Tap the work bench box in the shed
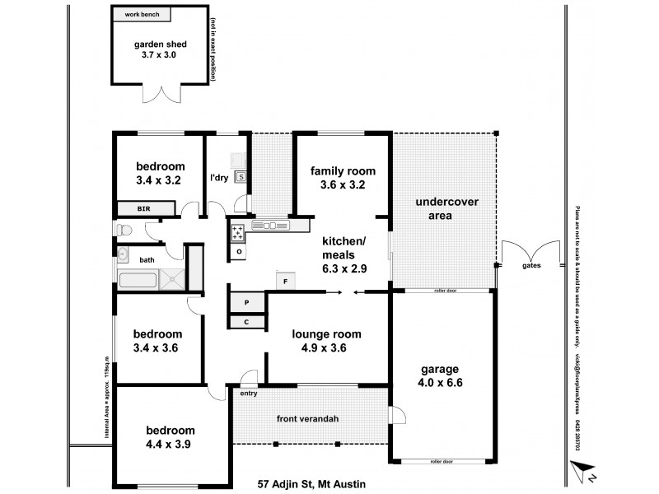pyautogui.click(x=142, y=15)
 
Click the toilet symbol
pyautogui.click(x=123, y=229)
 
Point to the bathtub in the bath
pyautogui.click(x=137, y=280)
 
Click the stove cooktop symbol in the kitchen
pyautogui.click(x=237, y=231)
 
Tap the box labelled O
pyautogui.click(x=238, y=250)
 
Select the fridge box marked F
pyautogui.click(x=285, y=281)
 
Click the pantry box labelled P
pyautogui.click(x=247, y=302)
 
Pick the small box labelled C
pyautogui.click(x=246, y=322)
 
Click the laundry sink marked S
pyautogui.click(x=241, y=175)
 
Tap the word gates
pyautogui.click(x=531, y=266)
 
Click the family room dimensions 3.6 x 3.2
pyautogui.click(x=343, y=185)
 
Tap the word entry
pyautogui.click(x=248, y=394)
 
